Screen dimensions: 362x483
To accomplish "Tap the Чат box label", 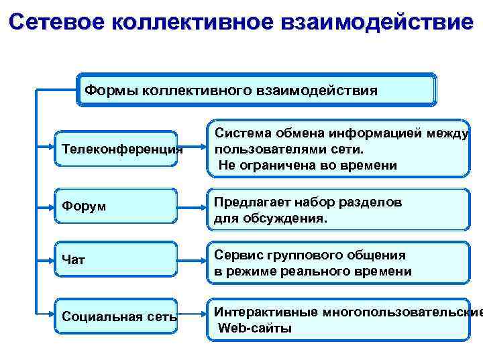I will tap(74, 259).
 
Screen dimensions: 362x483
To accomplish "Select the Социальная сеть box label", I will tap(119, 316).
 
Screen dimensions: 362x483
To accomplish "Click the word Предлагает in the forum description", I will tap(250, 202).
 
